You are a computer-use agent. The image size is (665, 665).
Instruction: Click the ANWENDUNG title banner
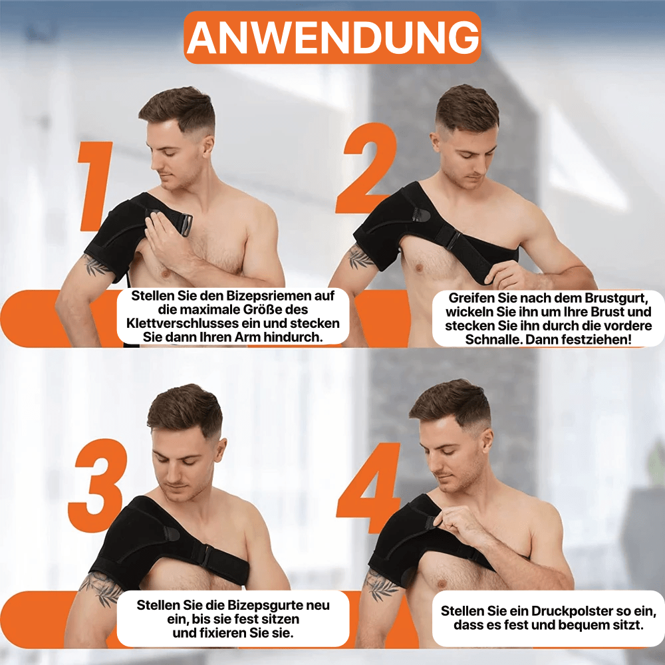point(332,38)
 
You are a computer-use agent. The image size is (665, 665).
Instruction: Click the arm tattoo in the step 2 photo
point(361,257)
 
